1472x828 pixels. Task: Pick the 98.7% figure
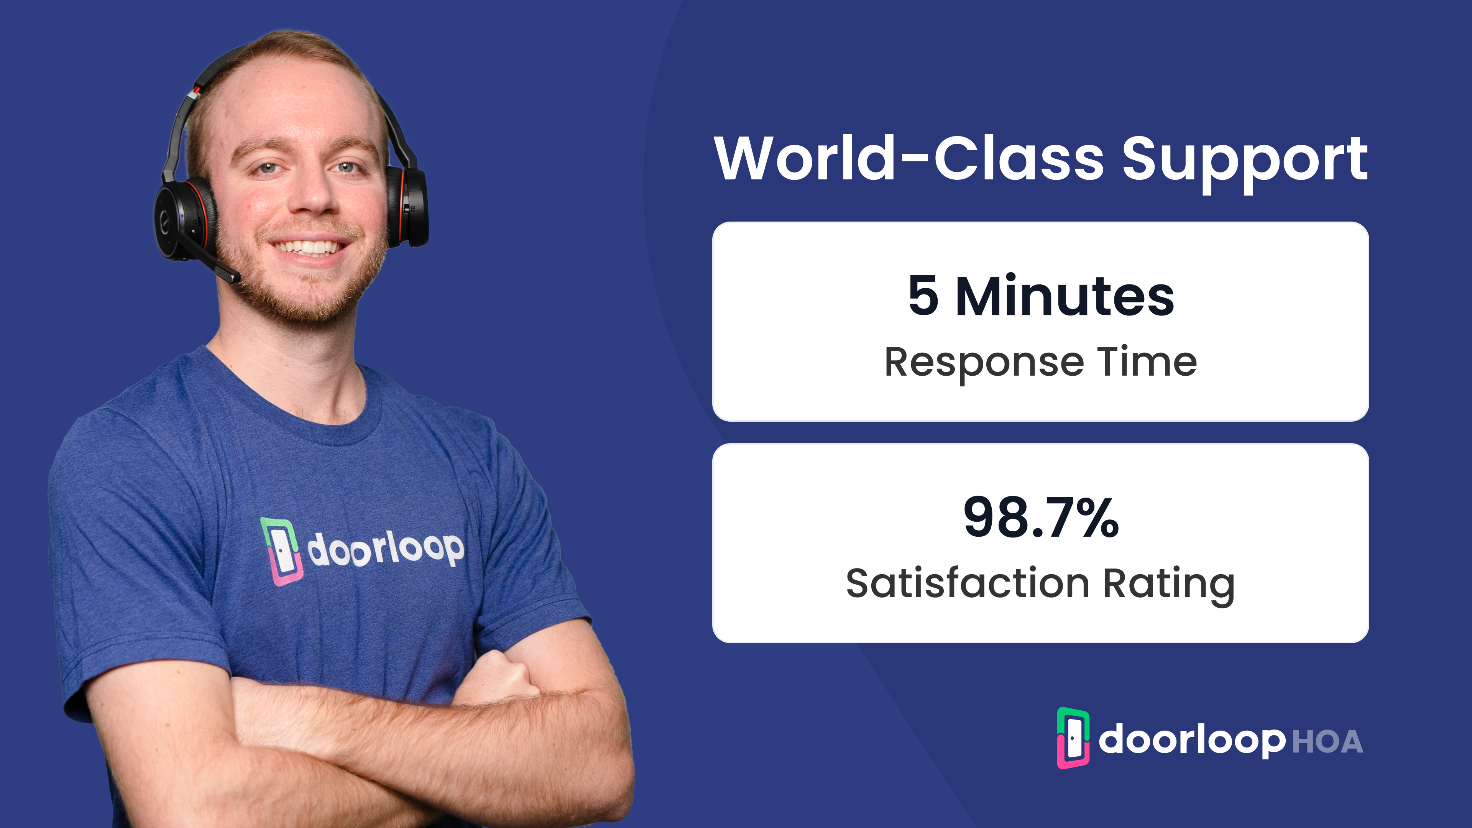(1041, 517)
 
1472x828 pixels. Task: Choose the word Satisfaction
(968, 583)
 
